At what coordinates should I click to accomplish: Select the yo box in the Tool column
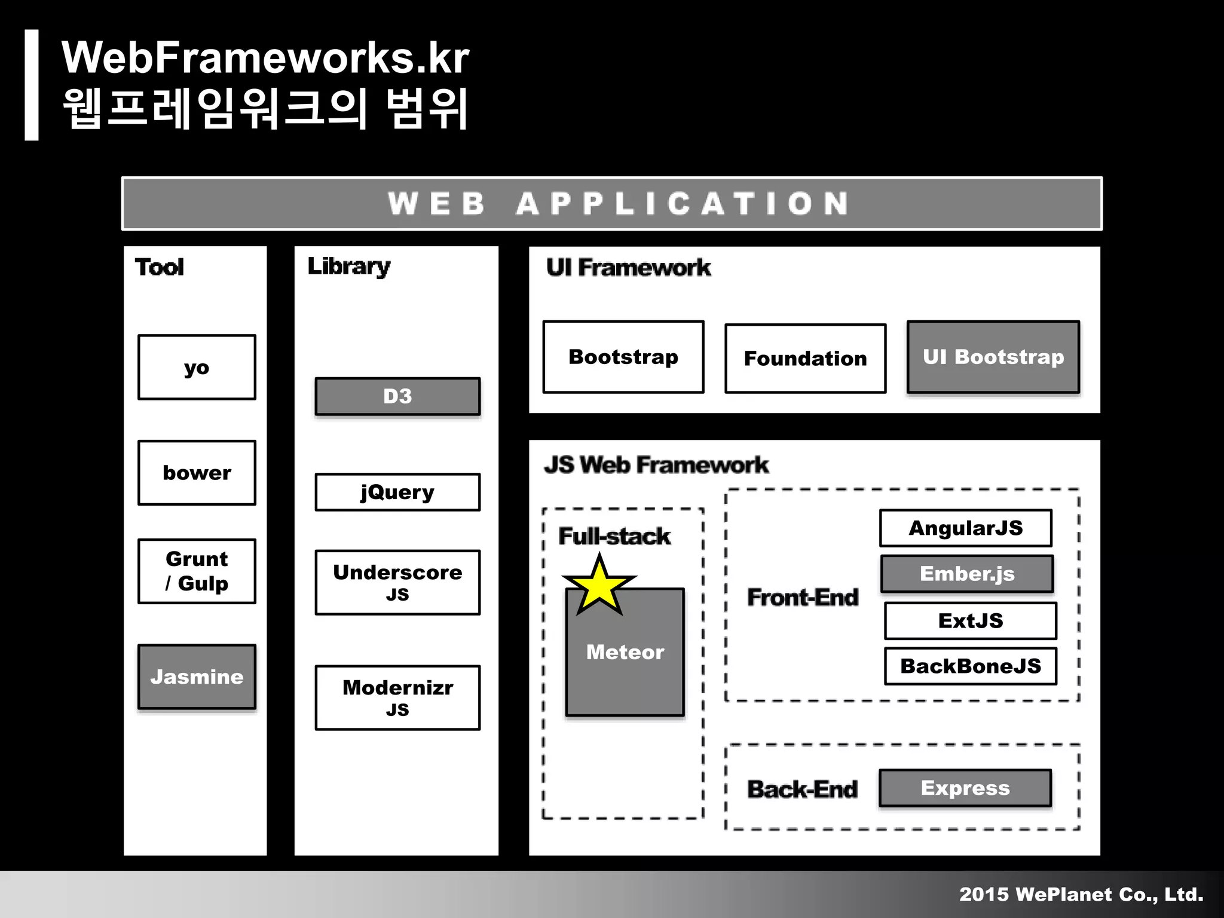197,367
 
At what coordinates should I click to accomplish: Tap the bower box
197,473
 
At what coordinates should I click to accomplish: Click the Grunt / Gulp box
197,571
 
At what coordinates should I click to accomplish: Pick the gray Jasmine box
197,677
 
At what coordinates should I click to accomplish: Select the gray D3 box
397,396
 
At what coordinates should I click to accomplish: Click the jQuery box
397,492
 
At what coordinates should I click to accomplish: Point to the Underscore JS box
397,582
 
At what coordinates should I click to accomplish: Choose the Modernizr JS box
397,697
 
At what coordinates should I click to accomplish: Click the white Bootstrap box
623,357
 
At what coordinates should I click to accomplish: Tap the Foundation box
805,358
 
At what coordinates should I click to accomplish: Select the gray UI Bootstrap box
993,357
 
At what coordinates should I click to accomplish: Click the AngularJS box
965,528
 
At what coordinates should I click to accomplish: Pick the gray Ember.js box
966,574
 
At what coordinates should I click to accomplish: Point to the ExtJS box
970,620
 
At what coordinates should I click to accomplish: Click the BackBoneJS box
970,666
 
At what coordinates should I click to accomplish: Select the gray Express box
965,788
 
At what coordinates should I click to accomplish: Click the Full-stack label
614,536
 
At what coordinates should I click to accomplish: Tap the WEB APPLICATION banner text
618,203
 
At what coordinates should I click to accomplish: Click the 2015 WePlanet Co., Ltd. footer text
1081,894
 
